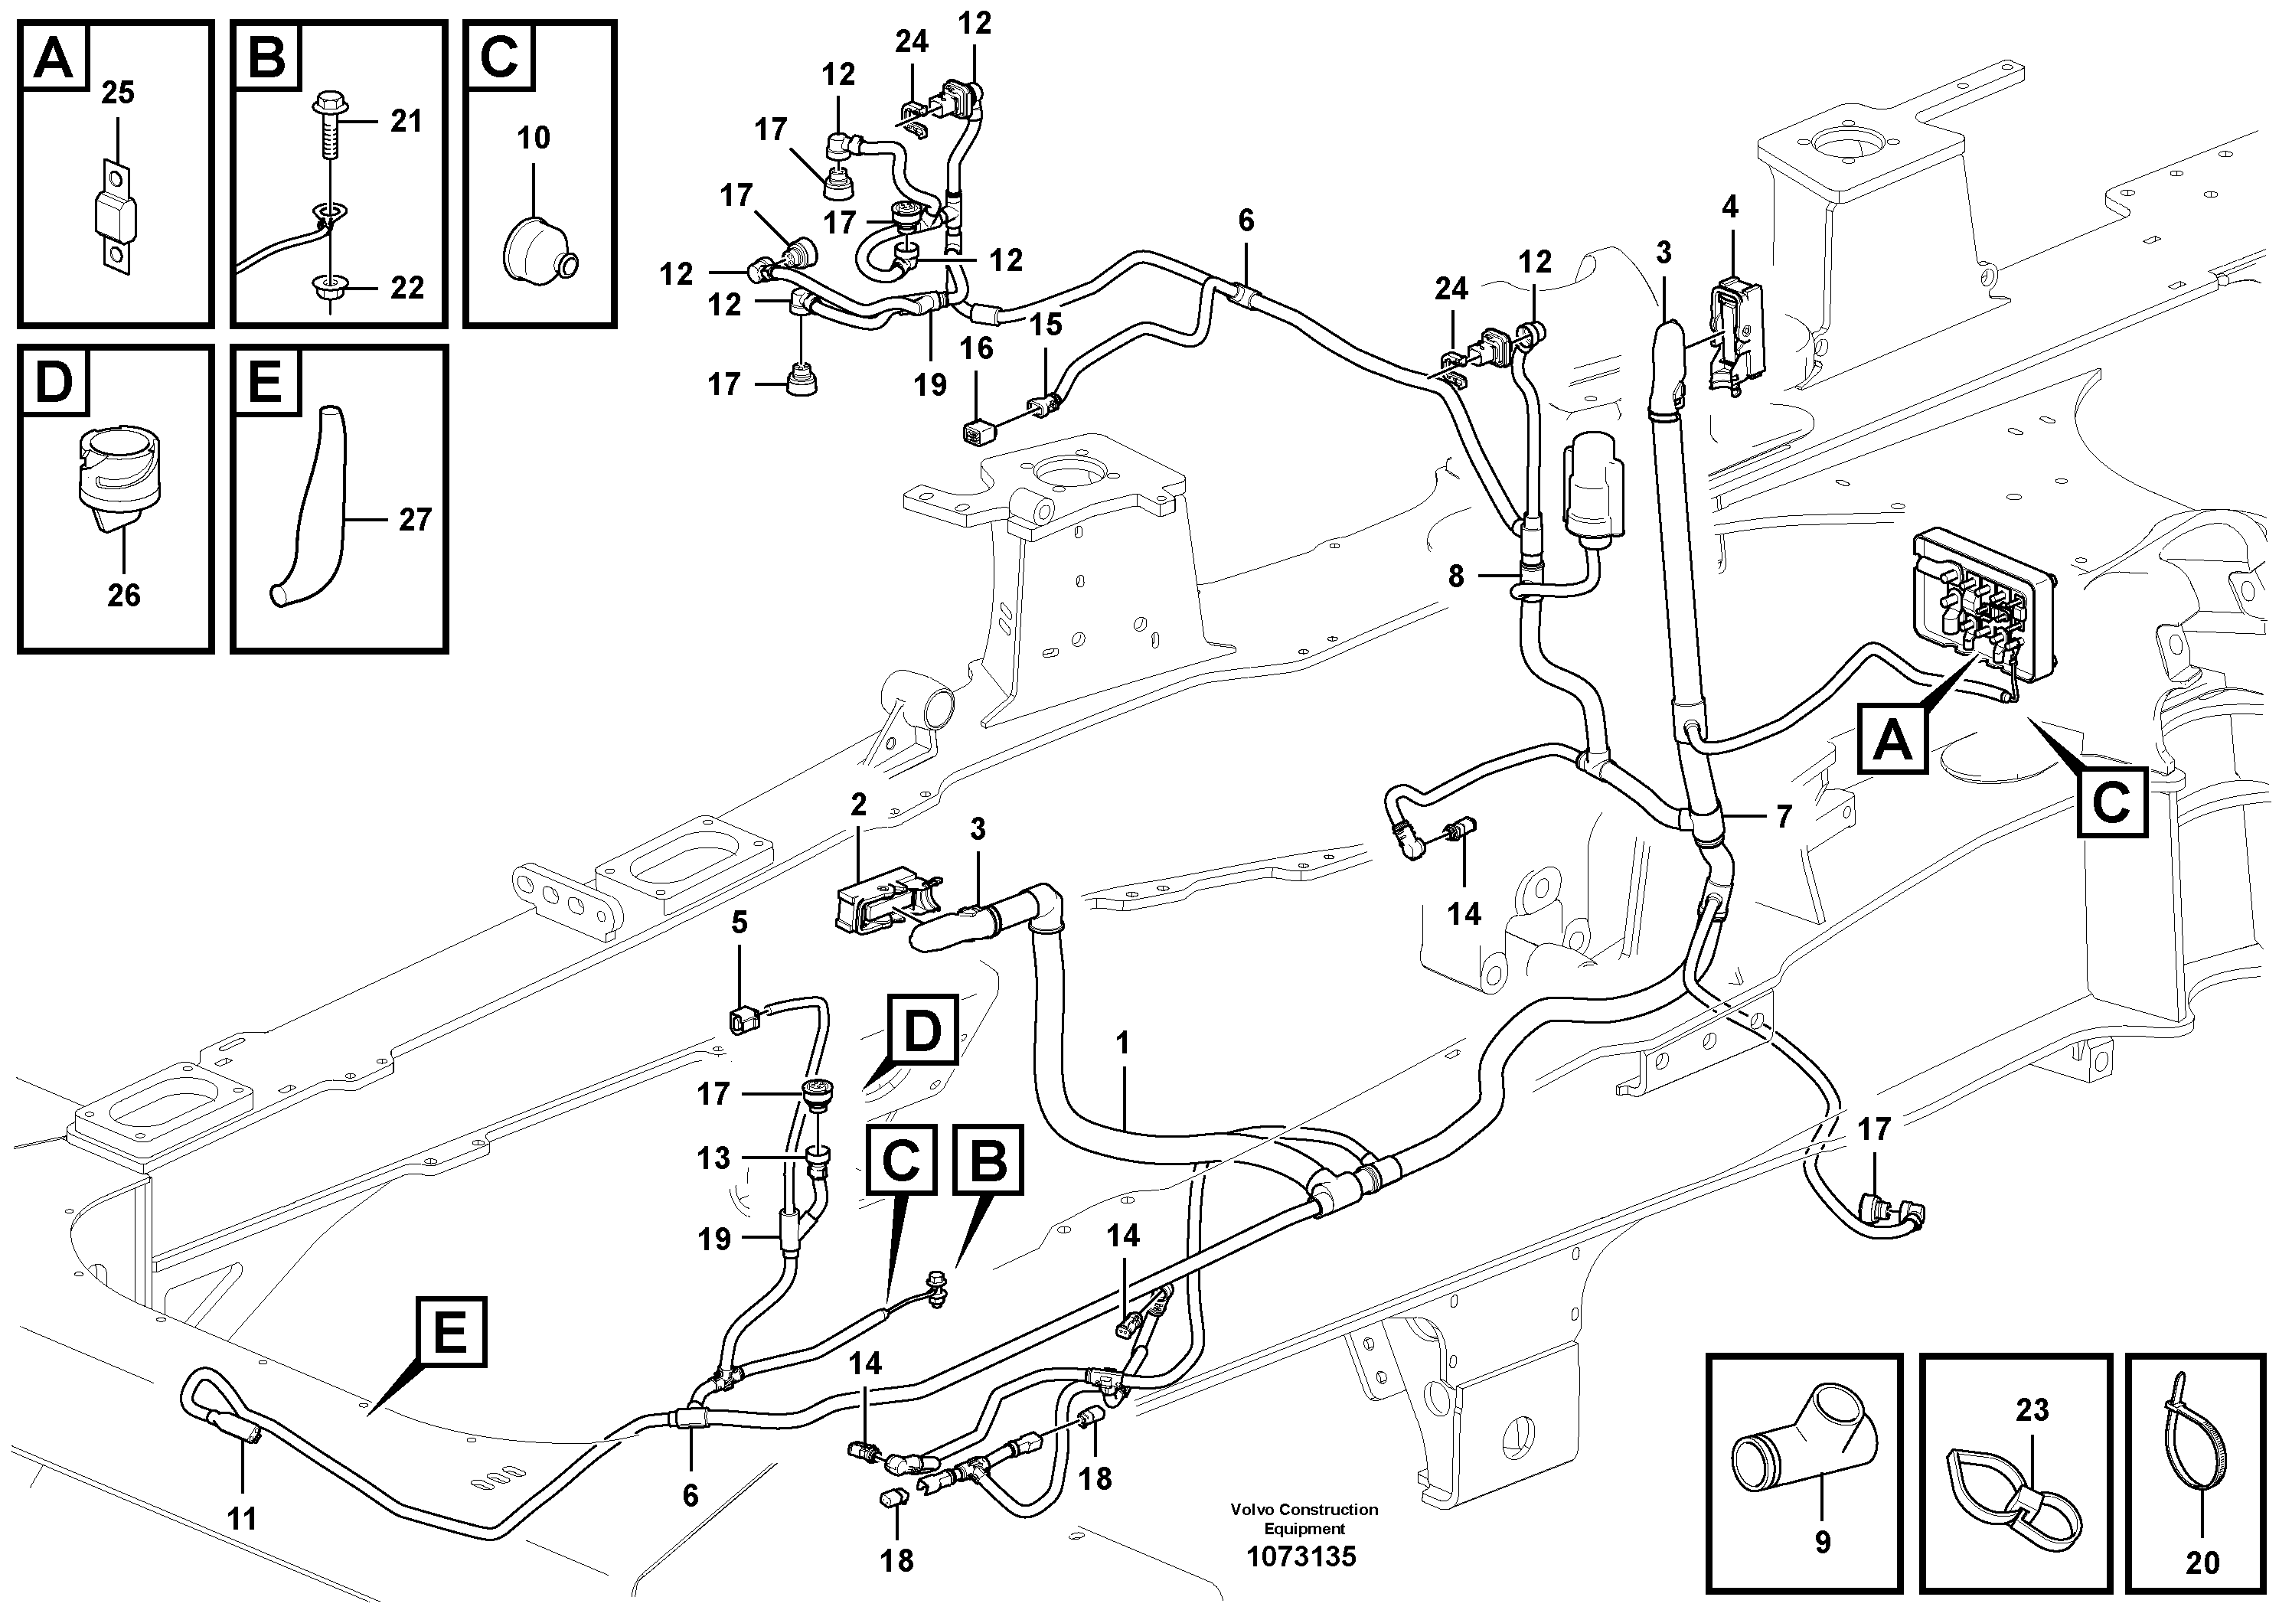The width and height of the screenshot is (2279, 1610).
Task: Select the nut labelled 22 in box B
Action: pyautogui.click(x=328, y=289)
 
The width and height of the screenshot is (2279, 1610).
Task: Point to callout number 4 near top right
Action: pyautogui.click(x=1730, y=207)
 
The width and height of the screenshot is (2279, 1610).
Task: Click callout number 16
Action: pyautogui.click(x=977, y=348)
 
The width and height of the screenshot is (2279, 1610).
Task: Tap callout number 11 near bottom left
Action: pyautogui.click(x=241, y=1519)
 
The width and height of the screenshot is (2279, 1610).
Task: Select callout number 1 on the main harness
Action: pyautogui.click(x=1122, y=1043)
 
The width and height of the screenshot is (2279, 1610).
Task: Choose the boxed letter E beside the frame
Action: pyautogui.click(x=451, y=1331)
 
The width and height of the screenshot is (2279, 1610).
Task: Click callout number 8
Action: pyautogui.click(x=1456, y=576)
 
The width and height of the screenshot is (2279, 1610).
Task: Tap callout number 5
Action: pyautogui.click(x=740, y=923)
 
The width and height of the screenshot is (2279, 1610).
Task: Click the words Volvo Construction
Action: pyautogui.click(x=1304, y=1510)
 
